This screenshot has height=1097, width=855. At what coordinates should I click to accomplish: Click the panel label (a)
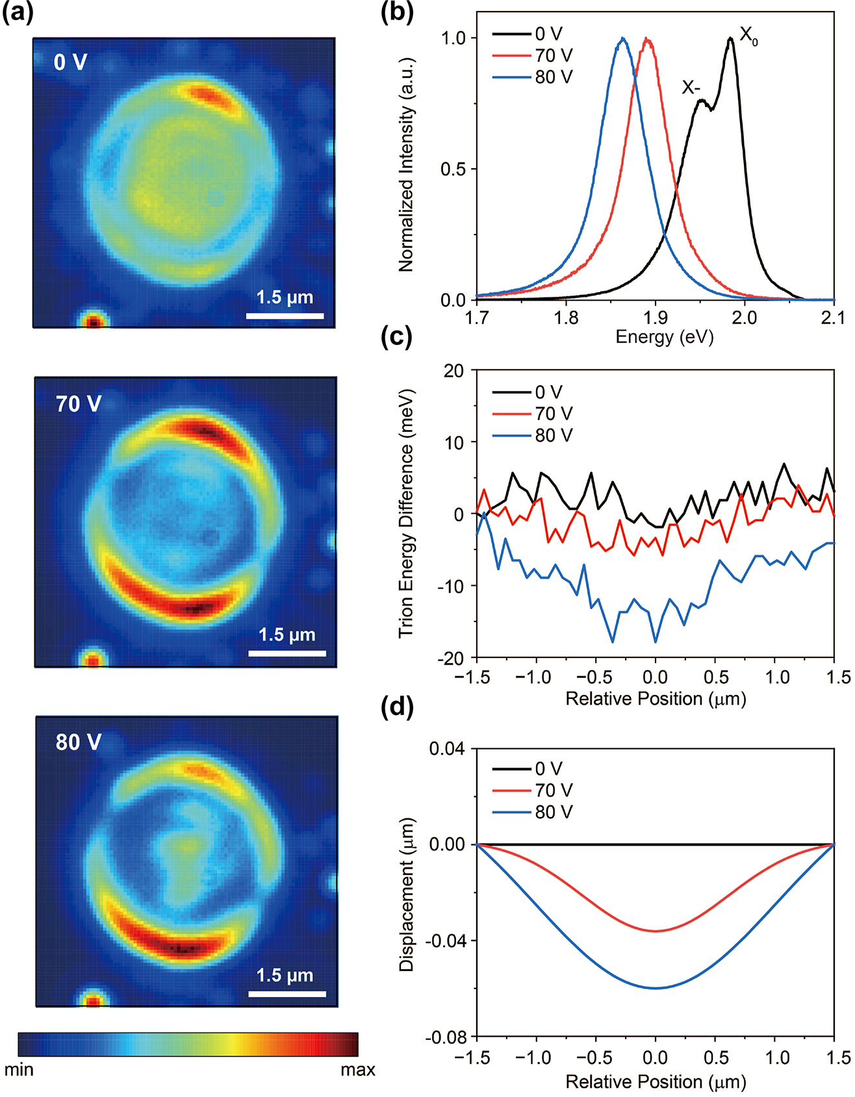tap(18, 13)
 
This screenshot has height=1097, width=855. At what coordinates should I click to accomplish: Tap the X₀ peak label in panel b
tap(748, 36)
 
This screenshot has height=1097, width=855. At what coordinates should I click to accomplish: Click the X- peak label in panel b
tap(691, 87)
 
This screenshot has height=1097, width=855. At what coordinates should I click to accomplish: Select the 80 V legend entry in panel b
tap(553, 77)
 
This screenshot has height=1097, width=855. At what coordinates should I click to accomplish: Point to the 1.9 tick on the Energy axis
tap(655, 318)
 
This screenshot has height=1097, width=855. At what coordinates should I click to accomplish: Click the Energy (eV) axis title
tap(664, 336)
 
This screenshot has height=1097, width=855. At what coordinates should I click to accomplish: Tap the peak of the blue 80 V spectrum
tap(623, 38)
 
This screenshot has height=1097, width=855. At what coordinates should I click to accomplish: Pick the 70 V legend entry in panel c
tap(553, 414)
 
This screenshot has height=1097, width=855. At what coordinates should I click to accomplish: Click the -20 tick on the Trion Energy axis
tap(451, 658)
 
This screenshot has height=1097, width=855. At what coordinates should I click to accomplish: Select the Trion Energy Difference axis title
tap(407, 513)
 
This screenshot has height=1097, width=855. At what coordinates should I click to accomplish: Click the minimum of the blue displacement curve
tap(656, 988)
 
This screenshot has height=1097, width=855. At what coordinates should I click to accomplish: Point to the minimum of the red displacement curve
tap(656, 931)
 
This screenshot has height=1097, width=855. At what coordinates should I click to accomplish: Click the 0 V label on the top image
tap(70, 62)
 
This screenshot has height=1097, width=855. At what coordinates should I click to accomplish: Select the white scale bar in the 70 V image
tap(287, 653)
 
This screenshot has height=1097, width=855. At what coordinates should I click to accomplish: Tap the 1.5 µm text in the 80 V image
tap(285, 976)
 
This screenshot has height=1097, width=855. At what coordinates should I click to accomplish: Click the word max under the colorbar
tap(357, 1070)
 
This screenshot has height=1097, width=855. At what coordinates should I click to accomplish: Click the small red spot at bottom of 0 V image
tap(93, 321)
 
